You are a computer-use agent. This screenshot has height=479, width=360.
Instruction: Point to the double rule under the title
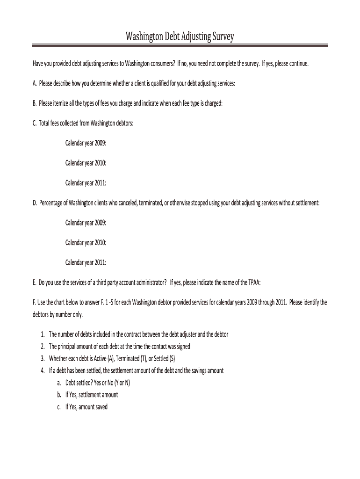click(x=180, y=46)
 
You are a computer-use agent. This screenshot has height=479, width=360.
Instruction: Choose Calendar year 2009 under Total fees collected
click(x=86, y=143)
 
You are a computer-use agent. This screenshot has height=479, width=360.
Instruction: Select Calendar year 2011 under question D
click(x=86, y=262)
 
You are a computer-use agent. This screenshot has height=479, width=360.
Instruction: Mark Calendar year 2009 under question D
click(x=86, y=223)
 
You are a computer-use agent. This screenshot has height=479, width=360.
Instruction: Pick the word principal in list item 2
click(x=68, y=347)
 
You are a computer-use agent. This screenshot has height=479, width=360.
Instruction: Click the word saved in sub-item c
click(x=101, y=407)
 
